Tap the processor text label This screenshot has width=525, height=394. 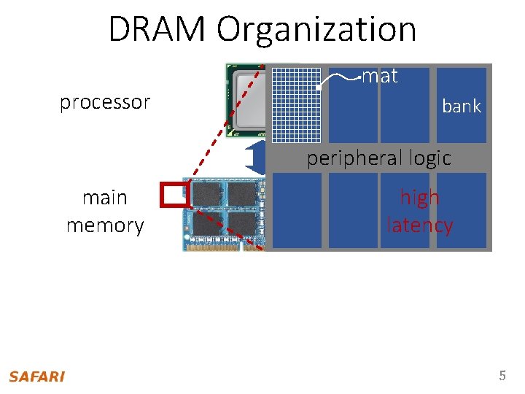(105, 102)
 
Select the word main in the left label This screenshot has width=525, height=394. (105, 198)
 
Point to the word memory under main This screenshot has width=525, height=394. (105, 225)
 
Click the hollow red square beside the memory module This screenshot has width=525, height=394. (174, 193)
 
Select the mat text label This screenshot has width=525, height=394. (380, 76)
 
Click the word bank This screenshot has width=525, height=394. (462, 107)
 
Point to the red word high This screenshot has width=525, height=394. (419, 198)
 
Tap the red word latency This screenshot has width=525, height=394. (419, 225)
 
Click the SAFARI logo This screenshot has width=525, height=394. (36, 376)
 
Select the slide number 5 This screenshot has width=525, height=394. (502, 376)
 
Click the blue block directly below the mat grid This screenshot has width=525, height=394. (296, 211)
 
